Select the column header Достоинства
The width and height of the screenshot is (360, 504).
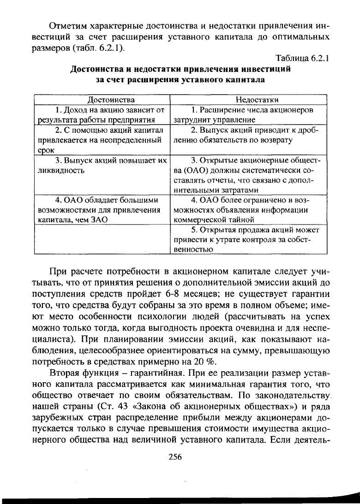[102, 100]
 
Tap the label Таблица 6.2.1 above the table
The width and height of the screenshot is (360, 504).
[301, 59]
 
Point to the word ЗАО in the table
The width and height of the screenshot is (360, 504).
[98, 220]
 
